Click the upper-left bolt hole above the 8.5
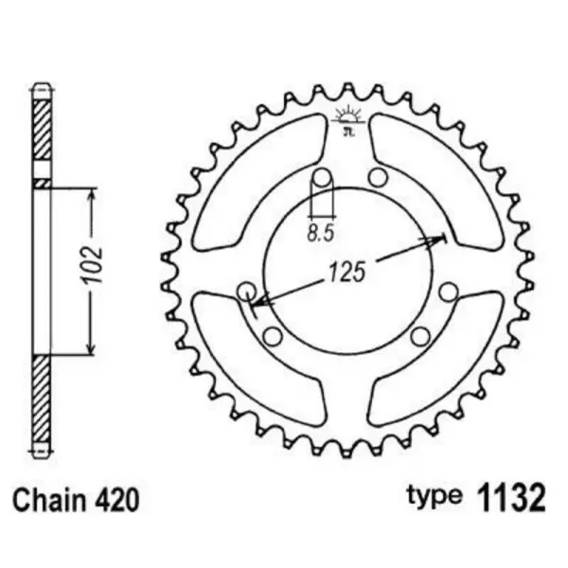322,178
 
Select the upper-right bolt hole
377,177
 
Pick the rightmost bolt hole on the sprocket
449,291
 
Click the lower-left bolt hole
272,336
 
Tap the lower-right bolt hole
422,335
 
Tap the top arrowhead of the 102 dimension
92,195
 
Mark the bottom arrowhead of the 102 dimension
92,349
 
